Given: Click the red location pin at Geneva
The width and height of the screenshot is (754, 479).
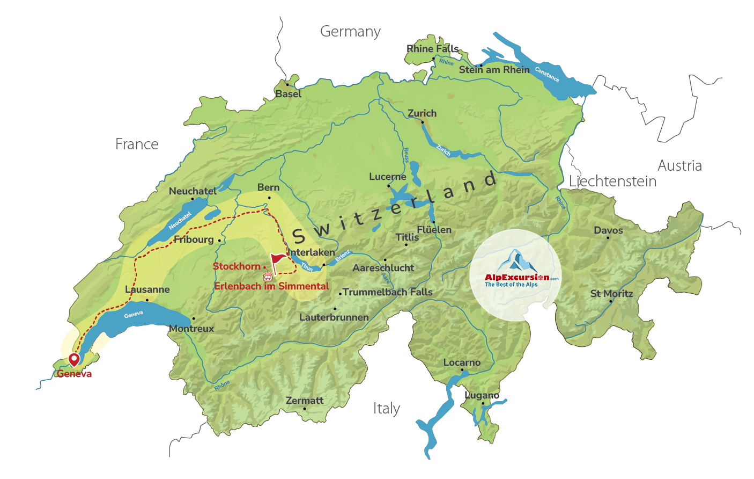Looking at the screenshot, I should tap(73, 359).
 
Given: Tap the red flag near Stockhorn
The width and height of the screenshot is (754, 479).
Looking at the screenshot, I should tap(277, 260).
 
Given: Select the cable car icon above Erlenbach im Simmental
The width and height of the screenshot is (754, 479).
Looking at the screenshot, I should tap(268, 277).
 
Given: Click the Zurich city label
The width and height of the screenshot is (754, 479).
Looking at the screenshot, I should tap(422, 113).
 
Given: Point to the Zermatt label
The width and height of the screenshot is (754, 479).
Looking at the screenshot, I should tap(305, 401).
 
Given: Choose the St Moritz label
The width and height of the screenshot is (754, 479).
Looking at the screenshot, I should tap(611, 294).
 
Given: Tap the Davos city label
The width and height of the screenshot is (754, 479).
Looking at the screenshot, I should tap(608, 230).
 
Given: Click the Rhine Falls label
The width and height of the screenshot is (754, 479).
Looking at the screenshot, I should tap(432, 49).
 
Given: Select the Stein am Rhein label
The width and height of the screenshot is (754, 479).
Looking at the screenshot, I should tap(494, 70).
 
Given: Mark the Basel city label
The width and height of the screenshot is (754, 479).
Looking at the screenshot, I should tap(289, 94).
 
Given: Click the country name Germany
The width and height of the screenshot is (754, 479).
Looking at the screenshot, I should tap(350, 32).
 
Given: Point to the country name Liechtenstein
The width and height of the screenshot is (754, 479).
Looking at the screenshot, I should tap(612, 182).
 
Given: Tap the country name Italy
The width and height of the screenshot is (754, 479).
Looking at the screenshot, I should tap(386, 409).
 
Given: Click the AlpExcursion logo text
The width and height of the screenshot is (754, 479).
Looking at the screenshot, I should tap(516, 278).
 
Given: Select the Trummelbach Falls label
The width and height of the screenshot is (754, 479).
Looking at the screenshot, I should tap(387, 292).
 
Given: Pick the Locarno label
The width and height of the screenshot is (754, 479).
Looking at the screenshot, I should tap(462, 362).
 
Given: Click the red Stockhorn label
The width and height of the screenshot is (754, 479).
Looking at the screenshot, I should tap(236, 266).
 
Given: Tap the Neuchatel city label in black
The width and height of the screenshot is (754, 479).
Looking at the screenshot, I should tap(193, 191).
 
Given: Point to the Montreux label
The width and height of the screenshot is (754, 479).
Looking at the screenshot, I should tap(191, 329).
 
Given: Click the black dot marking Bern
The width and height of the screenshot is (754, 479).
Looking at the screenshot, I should tap(269, 198).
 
